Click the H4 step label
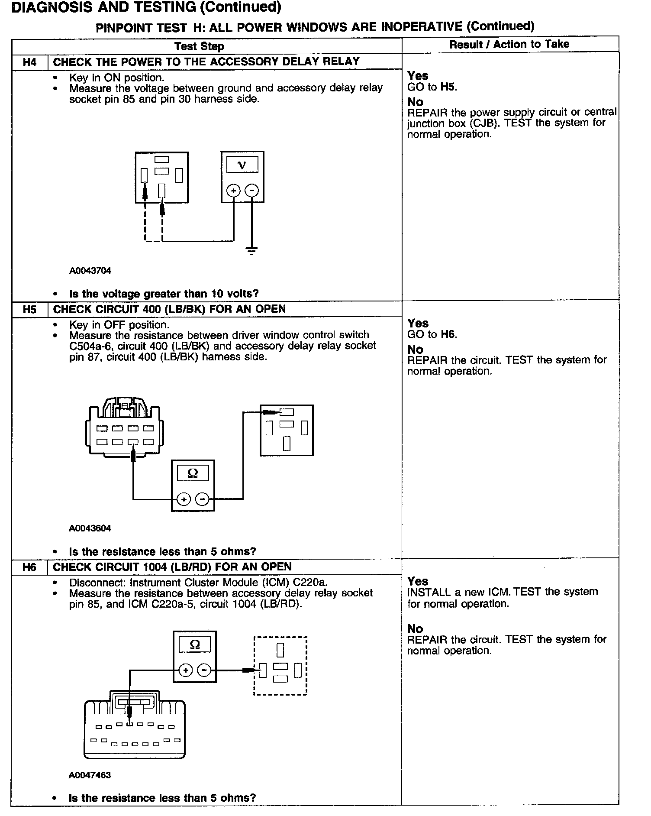(29, 62)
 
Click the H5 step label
(29, 310)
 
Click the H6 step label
(29, 567)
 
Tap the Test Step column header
(199, 46)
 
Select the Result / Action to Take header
(509, 44)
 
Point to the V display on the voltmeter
(242, 165)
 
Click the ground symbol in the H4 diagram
(251, 250)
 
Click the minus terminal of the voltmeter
(252, 191)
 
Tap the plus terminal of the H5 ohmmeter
(184, 499)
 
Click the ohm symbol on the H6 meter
(195, 645)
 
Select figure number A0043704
(90, 271)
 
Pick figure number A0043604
(90, 528)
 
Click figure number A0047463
(90, 775)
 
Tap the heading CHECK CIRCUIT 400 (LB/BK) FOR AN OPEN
(169, 309)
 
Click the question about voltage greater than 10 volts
(164, 294)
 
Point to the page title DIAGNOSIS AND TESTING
(145, 7)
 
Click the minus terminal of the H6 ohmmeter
(204, 670)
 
